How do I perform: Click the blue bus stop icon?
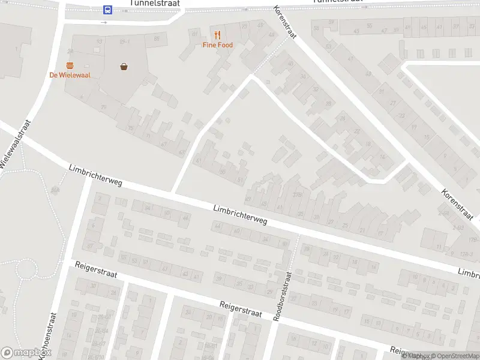click(x=107, y=10)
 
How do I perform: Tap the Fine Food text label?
click(x=217, y=45)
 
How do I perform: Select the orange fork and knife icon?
click(x=217, y=35)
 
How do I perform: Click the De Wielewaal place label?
click(x=70, y=75)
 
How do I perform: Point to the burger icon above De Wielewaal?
click(x=70, y=65)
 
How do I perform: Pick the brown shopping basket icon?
click(x=124, y=67)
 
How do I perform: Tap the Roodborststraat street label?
click(x=282, y=295)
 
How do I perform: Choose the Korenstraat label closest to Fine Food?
click(x=285, y=22)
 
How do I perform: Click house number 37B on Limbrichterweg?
click(x=296, y=194)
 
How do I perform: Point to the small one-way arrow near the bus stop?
click(x=104, y=22)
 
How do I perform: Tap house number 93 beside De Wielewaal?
click(x=100, y=41)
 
